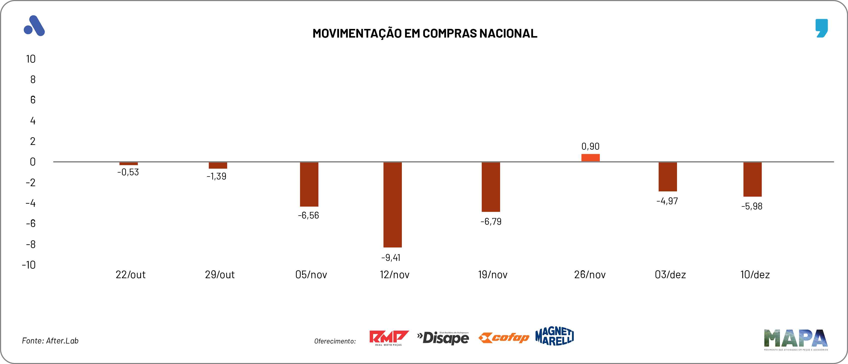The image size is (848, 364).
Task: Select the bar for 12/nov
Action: coord(392,205)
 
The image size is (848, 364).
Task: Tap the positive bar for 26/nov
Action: coord(590,158)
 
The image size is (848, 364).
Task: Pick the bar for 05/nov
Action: coord(309,184)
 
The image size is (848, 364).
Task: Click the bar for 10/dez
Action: coord(752,179)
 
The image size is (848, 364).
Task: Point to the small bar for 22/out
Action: coord(128,163)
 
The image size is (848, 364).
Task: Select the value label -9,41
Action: coord(391,258)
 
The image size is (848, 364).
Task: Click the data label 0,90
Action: coord(590,146)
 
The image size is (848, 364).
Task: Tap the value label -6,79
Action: coord(491,222)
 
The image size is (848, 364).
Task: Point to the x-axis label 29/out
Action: coord(219,275)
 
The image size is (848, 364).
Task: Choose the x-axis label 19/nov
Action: coord(492,275)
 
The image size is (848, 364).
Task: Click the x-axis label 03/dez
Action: coord(670,275)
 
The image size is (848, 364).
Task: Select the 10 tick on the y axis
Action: coord(31,59)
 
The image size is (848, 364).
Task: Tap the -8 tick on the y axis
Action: coord(31,245)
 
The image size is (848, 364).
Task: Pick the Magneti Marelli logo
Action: coord(555,336)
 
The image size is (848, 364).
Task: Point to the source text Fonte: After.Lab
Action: coord(50,341)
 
